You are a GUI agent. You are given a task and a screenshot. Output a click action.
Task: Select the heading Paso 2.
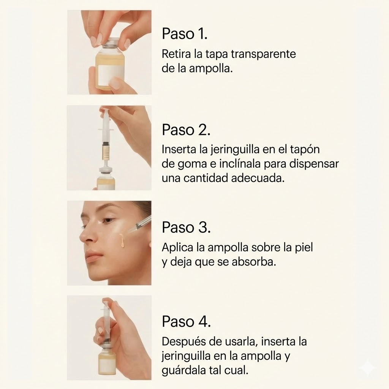(186, 130)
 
